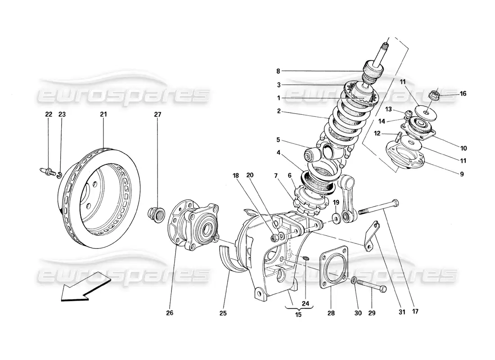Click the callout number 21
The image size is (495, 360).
coord(103,114)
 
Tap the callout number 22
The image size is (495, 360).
coord(49,114)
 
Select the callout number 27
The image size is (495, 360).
coord(157,114)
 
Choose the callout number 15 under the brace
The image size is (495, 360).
coord(298,315)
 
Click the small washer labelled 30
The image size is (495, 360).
coord(355,281)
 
